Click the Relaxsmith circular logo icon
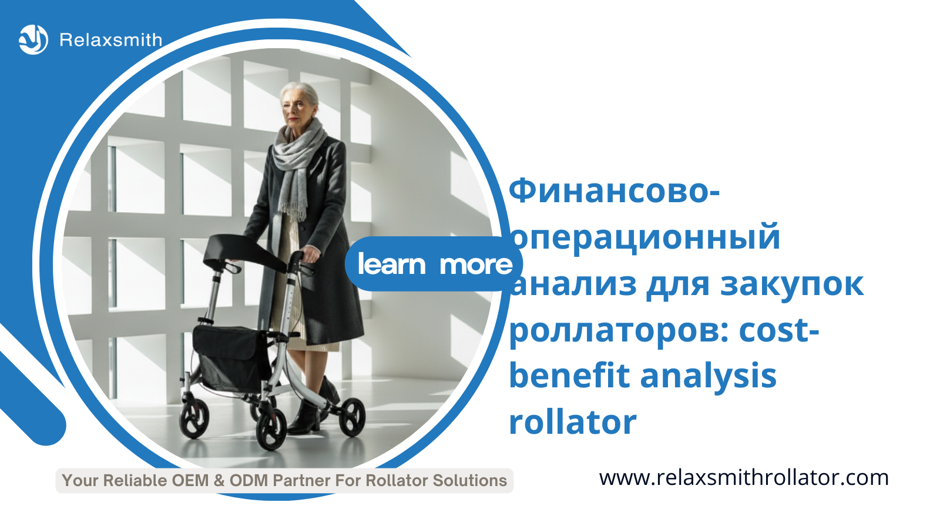coord(33,40)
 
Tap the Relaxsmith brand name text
coord(111,41)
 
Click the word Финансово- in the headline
coord(614,191)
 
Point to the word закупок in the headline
coord(792,284)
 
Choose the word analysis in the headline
coord(709,377)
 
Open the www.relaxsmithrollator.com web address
coord(744,478)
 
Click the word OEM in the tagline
coord(190,481)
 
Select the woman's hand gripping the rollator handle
coord(310,255)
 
